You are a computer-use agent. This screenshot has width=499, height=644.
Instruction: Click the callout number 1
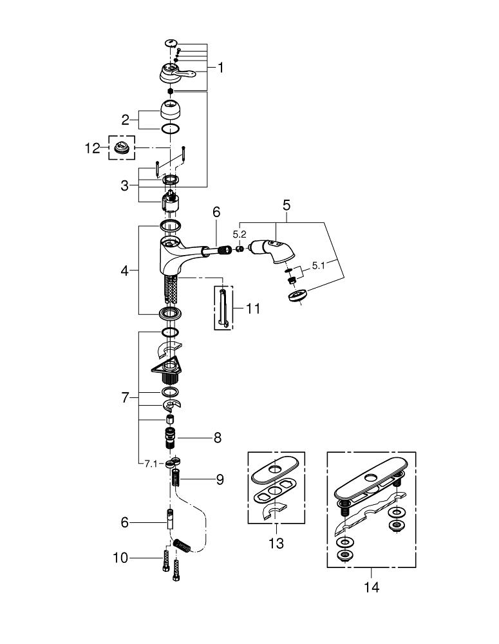click(221, 68)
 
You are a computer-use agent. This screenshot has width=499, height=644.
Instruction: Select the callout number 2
click(126, 120)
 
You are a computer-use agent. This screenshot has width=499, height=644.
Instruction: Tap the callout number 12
click(93, 148)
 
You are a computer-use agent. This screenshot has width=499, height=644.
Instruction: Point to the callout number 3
click(125, 185)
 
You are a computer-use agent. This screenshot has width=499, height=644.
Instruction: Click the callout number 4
click(124, 270)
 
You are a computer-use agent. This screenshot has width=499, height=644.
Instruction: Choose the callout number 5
click(287, 205)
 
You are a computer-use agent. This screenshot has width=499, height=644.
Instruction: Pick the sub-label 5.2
click(239, 234)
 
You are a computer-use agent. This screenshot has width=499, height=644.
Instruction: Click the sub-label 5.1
click(318, 266)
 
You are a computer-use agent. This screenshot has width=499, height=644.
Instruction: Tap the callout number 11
click(252, 308)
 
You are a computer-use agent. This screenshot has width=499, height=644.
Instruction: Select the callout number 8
click(217, 438)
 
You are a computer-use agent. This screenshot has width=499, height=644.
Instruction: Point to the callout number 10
click(121, 558)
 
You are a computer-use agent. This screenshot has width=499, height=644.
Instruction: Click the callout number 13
click(276, 544)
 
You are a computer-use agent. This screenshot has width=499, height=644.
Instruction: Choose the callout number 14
click(372, 587)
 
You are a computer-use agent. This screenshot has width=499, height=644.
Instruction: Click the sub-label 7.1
click(151, 464)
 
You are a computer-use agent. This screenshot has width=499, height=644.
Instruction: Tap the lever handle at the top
click(176, 73)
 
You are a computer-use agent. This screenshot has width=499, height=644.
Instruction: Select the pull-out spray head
click(272, 250)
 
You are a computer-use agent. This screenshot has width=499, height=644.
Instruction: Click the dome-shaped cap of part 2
click(171, 109)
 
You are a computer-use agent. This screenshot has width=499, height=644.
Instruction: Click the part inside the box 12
click(122, 147)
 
